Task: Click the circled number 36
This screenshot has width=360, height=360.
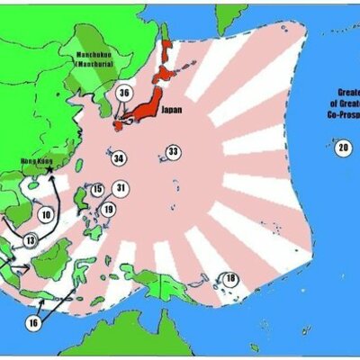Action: point(125,93)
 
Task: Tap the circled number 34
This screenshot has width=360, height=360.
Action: point(119,159)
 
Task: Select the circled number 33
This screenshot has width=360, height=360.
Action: point(173,151)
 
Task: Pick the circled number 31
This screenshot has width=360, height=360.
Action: point(121,188)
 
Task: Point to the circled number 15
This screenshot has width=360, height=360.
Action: point(97,190)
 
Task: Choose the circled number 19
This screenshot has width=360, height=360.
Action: point(108,210)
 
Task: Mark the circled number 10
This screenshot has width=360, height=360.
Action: point(46,215)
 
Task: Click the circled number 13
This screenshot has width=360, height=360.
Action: point(30,240)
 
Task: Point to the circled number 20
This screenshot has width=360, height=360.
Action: point(343,148)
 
